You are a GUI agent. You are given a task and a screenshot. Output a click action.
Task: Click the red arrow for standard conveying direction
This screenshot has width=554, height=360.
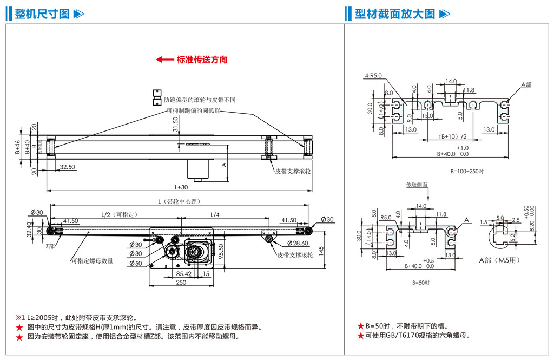click(164, 60)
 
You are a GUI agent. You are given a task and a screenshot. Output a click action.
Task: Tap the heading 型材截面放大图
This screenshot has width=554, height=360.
click(395, 14)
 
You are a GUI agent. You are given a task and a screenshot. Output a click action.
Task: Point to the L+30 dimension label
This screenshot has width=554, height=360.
click(181, 187)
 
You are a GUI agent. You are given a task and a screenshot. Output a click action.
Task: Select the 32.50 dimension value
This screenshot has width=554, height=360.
click(68, 167)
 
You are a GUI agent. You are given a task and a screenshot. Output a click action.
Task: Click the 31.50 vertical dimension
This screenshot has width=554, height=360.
click(175, 125)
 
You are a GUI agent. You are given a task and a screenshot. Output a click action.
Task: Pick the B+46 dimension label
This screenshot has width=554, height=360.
click(17, 148)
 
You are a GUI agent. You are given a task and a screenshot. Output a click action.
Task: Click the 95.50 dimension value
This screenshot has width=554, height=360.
click(221, 253)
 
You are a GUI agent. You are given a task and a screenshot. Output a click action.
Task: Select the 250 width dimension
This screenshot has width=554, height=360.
click(181, 282)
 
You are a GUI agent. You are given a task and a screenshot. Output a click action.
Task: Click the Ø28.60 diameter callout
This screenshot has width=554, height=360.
click(297, 244)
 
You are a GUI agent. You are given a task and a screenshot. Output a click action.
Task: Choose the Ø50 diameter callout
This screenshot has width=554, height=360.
click(135, 264)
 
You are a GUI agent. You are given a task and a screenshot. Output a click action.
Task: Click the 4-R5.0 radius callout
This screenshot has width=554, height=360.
click(373, 76)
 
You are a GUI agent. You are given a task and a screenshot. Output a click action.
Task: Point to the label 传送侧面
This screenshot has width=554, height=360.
click(417, 185)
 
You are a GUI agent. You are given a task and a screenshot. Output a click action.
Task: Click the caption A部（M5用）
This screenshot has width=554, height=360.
click(500, 260)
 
